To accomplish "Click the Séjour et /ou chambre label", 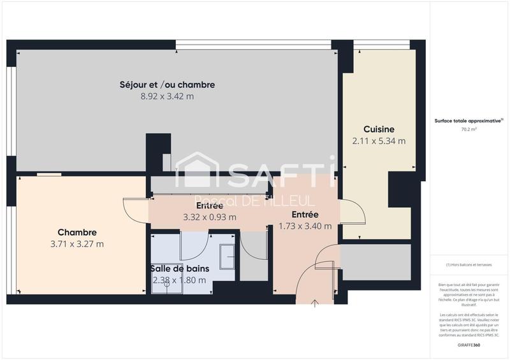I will [167, 84].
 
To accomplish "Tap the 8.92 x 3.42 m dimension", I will [167, 96].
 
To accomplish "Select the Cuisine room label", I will [379, 129].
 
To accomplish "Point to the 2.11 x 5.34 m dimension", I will [379, 141].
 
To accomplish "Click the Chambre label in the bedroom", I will [76, 232].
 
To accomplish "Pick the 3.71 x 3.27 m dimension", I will [76, 244].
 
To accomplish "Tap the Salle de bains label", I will [180, 268].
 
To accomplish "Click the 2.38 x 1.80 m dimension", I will [179, 280].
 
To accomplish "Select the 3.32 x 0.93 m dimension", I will [210, 217].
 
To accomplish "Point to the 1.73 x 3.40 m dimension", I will [305, 226].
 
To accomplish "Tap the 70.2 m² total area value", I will [469, 129].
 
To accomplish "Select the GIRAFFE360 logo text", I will [469, 344].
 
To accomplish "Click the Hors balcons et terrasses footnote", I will [469, 264].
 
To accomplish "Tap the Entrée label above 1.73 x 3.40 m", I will [305, 214].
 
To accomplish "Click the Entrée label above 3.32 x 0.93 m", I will [209, 206].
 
